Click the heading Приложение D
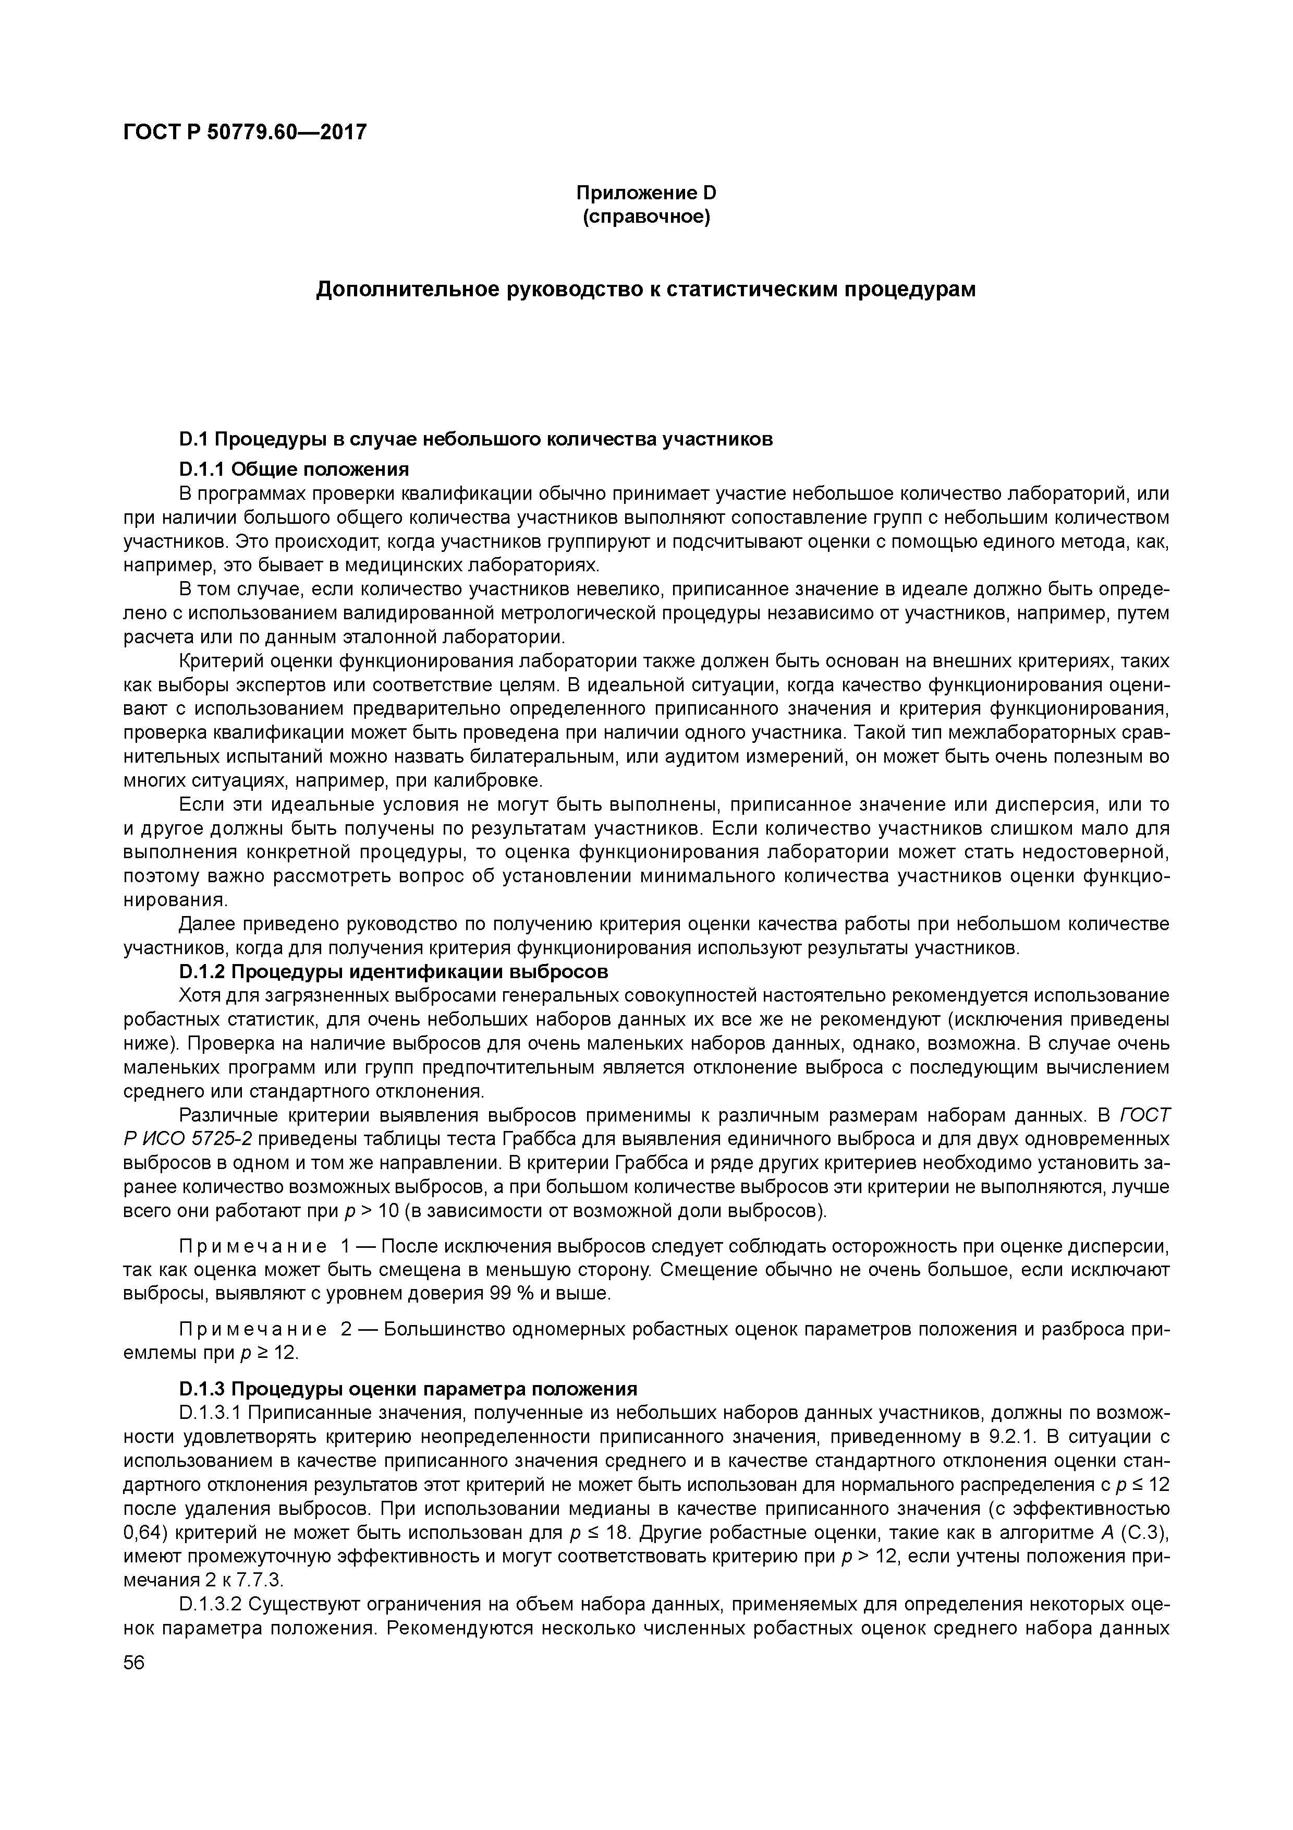[646, 193]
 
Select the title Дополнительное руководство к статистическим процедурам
[646, 290]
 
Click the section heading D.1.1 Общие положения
[294, 468]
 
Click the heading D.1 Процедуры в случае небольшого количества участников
[475, 439]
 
